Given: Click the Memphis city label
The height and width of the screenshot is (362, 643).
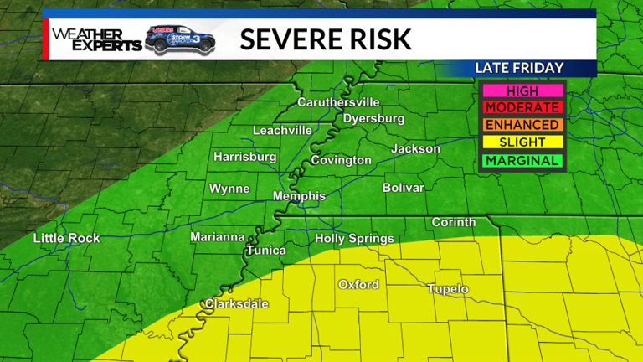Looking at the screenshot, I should [x=299, y=196].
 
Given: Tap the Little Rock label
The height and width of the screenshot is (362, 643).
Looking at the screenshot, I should [x=66, y=239].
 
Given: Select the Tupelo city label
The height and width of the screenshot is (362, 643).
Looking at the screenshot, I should [x=448, y=289].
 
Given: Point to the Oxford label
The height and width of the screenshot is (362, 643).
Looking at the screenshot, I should [x=358, y=285].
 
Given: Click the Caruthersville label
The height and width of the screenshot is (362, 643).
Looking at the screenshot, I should [x=338, y=102].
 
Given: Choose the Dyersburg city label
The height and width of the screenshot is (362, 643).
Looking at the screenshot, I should [x=373, y=119].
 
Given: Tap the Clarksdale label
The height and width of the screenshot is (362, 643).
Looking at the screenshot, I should [x=237, y=303].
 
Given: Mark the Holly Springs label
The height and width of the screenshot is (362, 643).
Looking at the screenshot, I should [x=354, y=239].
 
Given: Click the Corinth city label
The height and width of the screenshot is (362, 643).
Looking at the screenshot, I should [x=453, y=222].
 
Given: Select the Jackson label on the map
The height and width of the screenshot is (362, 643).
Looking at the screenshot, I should [x=415, y=149].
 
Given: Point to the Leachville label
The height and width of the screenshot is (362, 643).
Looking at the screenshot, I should [x=282, y=131].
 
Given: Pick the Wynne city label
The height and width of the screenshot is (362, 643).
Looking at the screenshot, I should [x=229, y=189].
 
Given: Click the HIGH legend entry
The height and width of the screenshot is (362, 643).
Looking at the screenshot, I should [x=522, y=90].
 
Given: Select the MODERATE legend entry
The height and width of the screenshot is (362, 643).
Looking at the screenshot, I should [x=522, y=108].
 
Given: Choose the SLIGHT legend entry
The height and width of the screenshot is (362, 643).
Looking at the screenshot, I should [x=522, y=143].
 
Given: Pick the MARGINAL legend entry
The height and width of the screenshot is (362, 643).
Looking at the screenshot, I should [x=522, y=161].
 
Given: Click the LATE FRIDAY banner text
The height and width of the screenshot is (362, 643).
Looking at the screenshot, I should [x=519, y=68].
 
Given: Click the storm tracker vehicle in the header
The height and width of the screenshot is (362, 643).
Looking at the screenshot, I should [x=180, y=39].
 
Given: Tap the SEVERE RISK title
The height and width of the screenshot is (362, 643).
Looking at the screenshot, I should [x=326, y=39].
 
